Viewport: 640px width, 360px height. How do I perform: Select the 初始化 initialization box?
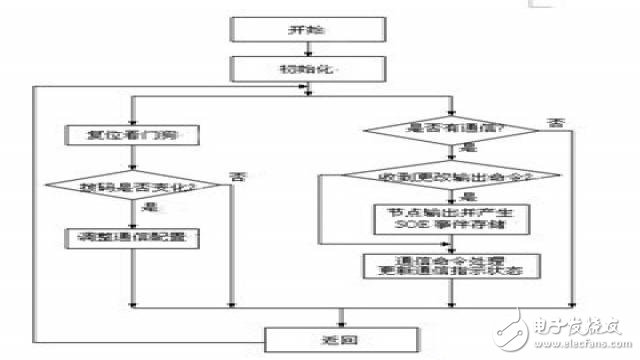(x=297, y=68)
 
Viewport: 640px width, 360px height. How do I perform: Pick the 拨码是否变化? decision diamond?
(x=132, y=186)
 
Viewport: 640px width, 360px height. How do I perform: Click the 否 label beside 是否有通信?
(x=553, y=123)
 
